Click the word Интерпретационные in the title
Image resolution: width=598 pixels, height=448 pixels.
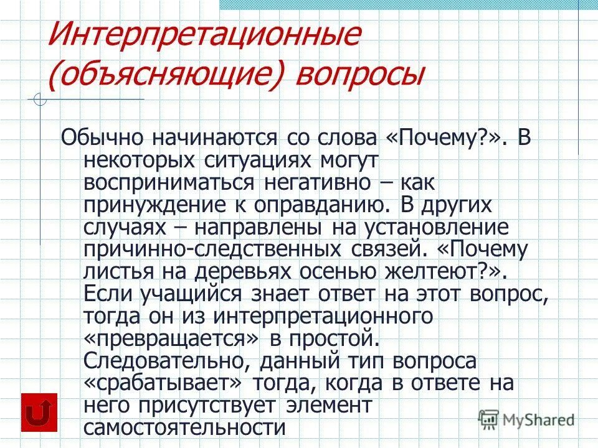pos(204,37)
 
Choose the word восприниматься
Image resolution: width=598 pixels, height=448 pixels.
pos(168,184)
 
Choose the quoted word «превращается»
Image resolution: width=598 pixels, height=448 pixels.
pos(171,338)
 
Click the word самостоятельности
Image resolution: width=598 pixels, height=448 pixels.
pos(184,427)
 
